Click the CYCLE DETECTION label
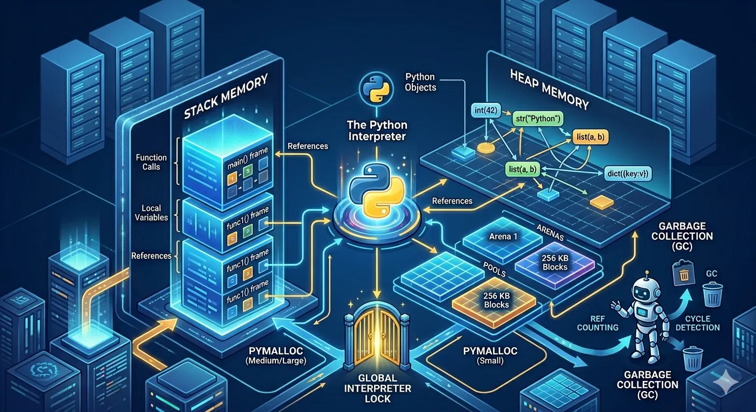pyautogui.click(x=697, y=322)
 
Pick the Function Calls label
pyautogui.click(x=151, y=162)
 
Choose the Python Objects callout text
pyautogui.click(x=420, y=82)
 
